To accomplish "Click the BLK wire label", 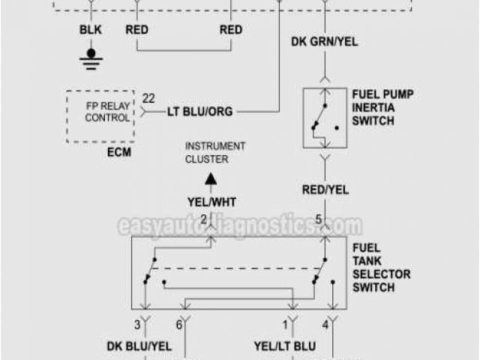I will (91, 30).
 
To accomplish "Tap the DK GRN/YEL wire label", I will (324, 42).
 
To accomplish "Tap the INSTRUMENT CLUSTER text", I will (215, 152).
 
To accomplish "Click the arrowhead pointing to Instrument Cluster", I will (212, 178).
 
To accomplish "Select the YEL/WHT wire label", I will (212, 201).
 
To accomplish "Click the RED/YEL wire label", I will (325, 190).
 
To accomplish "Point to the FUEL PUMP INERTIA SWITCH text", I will (383, 108).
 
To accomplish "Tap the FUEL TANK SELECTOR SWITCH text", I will (381, 267).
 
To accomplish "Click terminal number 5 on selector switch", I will (318, 220).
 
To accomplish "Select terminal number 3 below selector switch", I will (137, 325).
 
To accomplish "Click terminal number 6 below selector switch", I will (178, 325).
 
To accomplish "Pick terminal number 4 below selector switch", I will (325, 325).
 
